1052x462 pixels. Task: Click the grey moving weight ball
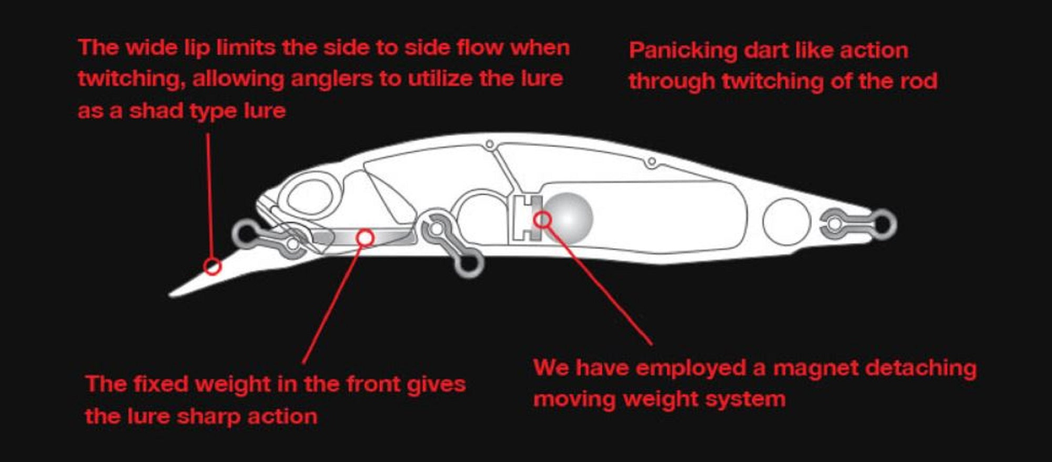(x=567, y=218)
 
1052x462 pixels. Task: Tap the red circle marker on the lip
(x=213, y=266)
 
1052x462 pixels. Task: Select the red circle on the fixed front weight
(x=365, y=238)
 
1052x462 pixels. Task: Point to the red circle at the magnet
(x=542, y=219)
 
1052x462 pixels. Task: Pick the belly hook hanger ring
(x=469, y=263)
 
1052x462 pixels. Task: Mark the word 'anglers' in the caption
(x=331, y=79)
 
